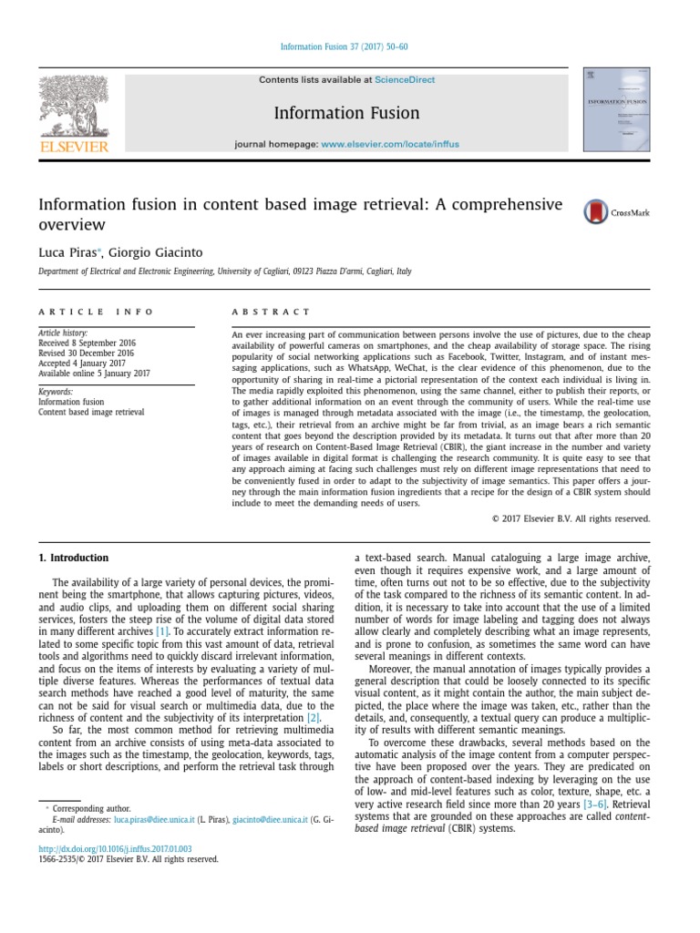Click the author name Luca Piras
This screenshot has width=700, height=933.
point(68,252)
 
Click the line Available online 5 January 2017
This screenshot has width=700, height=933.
point(94,373)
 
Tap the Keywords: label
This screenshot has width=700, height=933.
point(56,392)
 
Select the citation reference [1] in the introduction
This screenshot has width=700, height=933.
point(162,631)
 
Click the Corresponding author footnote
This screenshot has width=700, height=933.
point(91,808)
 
